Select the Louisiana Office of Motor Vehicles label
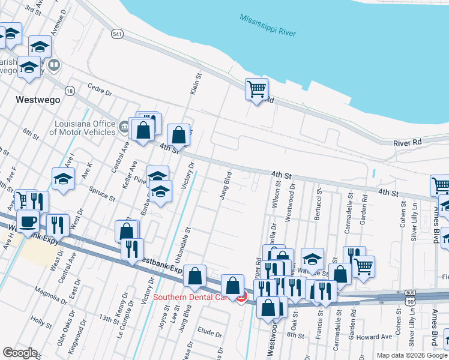pos(82,128)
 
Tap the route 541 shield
pos(117,35)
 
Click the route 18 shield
pos(71,91)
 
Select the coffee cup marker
pos(28,221)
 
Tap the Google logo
pos(20,353)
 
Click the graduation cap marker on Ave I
pos(63,178)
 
